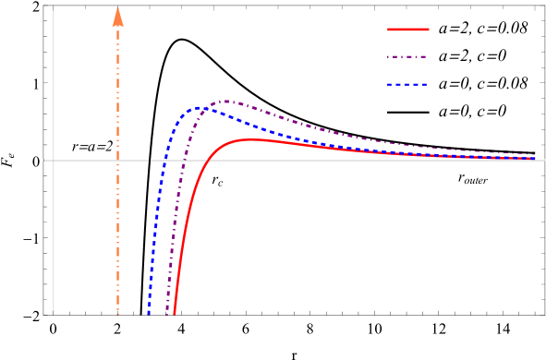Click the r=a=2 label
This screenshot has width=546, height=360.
pyautogui.click(x=92, y=145)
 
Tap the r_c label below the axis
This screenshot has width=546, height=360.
pyautogui.click(x=218, y=180)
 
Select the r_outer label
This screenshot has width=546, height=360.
pyautogui.click(x=473, y=178)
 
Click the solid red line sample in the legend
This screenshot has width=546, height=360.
pyautogui.click(x=407, y=30)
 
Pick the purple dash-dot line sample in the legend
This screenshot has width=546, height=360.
pyautogui.click(x=407, y=56)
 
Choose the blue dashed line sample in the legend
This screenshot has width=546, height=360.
pyautogui.click(x=407, y=84)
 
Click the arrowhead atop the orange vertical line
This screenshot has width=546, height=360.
pyautogui.click(x=117, y=14)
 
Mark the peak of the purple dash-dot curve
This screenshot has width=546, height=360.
pyautogui.click(x=225, y=101)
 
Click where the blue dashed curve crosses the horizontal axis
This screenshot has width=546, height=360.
pyautogui.click(x=164, y=160)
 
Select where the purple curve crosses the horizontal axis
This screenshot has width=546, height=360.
pyautogui.click(x=182, y=160)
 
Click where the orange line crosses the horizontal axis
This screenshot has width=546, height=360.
pyautogui.click(x=117, y=160)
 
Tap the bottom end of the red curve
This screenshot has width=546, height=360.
pyautogui.click(x=174, y=314)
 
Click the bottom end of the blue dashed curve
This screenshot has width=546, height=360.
pyautogui.click(x=148, y=314)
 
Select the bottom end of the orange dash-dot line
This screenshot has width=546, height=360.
pyautogui.click(x=117, y=314)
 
